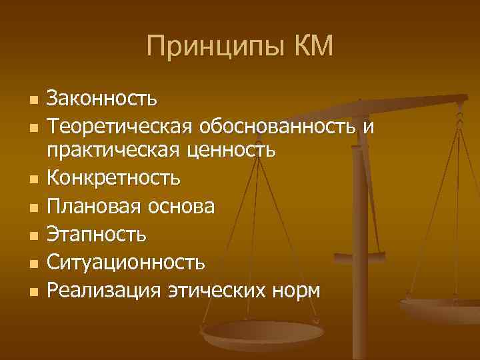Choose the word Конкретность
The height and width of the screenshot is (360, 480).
[113, 179]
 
